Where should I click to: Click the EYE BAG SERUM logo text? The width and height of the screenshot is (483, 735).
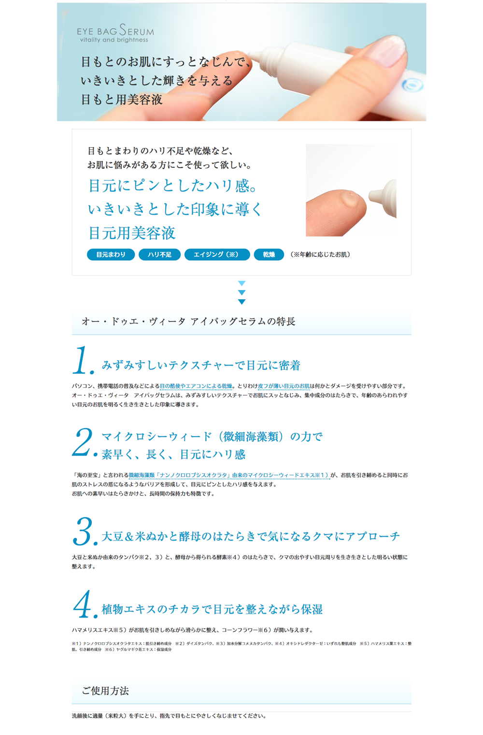pos(115,30)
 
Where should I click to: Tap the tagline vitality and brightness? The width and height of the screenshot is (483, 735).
pos(114,40)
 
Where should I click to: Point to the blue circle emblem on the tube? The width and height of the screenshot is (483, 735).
pos(412,85)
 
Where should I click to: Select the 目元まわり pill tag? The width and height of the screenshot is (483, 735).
pos(111,255)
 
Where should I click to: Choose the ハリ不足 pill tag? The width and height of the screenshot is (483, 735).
pos(159,255)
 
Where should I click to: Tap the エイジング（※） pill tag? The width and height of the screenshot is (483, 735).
pos(217,255)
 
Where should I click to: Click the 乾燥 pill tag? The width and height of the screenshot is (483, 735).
pos(269,255)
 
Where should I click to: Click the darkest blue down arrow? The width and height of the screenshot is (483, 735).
pos(242,302)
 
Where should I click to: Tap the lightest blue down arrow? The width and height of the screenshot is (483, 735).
pos(242,283)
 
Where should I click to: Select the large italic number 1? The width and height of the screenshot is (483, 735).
pos(81,360)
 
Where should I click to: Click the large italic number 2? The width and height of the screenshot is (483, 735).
pos(83,441)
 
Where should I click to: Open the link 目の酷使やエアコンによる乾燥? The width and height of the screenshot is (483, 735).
pos(196,386)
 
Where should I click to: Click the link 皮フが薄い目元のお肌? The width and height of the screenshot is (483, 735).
pos(284,386)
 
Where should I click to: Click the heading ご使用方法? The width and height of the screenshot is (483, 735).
pos(105,691)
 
